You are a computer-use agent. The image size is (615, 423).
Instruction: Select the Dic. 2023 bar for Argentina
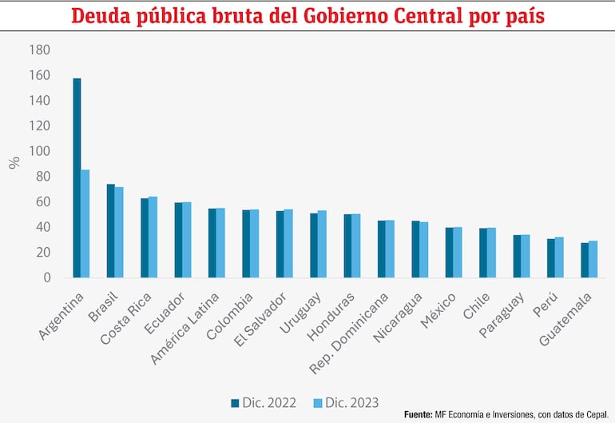tap(85, 223)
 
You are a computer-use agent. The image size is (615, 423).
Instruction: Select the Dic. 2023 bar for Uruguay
tap(322, 244)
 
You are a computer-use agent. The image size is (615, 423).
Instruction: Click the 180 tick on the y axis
tap(39, 50)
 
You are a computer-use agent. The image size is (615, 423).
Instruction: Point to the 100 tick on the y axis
tap(39, 151)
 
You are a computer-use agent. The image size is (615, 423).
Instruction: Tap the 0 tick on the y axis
tap(46, 277)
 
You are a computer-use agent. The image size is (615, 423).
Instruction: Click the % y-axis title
tap(14, 162)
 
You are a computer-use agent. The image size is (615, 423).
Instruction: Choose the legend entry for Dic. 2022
tap(259, 402)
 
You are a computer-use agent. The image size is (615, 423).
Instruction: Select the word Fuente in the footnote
tap(418, 414)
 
